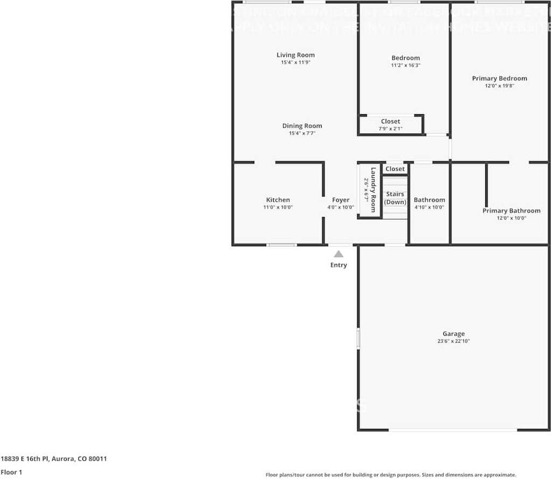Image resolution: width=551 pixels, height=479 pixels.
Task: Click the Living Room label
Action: (296, 55)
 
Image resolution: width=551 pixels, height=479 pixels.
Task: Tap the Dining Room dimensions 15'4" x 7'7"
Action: (302, 133)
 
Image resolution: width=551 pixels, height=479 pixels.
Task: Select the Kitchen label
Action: (278, 200)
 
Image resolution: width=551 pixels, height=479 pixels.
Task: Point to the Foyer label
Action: (340, 200)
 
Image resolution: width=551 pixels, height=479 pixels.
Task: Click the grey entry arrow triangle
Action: (338, 254)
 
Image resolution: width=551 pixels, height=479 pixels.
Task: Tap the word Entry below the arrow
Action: (339, 265)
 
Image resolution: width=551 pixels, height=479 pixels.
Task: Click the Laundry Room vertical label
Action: (373, 190)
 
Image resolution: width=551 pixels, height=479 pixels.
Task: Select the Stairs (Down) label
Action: (395, 198)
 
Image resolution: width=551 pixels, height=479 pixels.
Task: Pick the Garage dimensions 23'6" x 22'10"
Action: (454, 341)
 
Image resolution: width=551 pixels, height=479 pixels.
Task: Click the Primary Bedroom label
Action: (499, 79)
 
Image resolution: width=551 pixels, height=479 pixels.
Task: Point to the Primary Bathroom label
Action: (511, 211)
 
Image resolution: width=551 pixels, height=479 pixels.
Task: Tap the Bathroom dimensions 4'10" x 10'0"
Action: (429, 207)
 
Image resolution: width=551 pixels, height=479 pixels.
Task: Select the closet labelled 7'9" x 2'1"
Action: (390, 124)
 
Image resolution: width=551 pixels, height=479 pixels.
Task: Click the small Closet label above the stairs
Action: (395, 169)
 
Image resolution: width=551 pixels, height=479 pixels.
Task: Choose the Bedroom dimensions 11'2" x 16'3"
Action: (406, 65)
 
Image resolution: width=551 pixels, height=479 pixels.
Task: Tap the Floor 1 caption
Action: (11, 472)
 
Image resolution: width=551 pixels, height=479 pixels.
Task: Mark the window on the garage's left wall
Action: (358, 338)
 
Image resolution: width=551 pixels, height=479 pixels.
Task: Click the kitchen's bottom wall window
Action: (282, 245)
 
